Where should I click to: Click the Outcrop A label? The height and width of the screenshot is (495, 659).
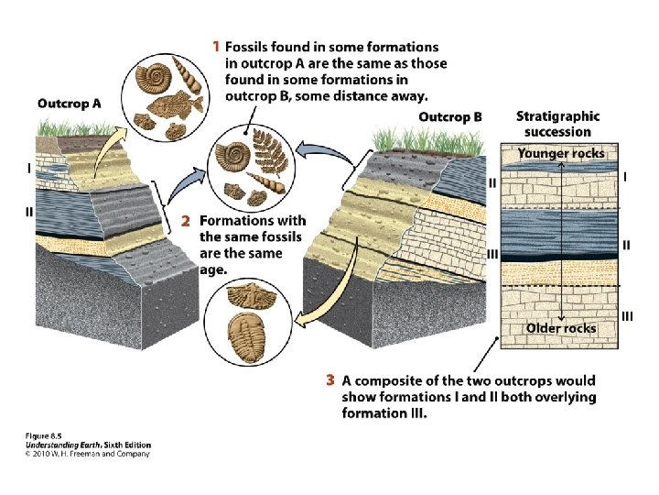[x=70, y=104]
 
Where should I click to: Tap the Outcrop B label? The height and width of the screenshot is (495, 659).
[x=450, y=117]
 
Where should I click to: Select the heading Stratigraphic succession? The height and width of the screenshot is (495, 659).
[x=557, y=124]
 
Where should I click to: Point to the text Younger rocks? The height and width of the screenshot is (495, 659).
[x=561, y=153]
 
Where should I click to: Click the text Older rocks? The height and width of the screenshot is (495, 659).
[x=561, y=328]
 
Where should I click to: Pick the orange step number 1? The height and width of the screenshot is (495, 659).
[x=216, y=45]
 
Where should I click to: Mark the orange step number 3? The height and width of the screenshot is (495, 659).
[x=330, y=380]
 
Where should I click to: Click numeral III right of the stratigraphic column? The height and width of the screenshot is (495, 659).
[x=627, y=316]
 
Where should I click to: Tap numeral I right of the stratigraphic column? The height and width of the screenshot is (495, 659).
[x=625, y=176]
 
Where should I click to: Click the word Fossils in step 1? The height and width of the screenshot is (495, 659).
[x=246, y=46]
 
